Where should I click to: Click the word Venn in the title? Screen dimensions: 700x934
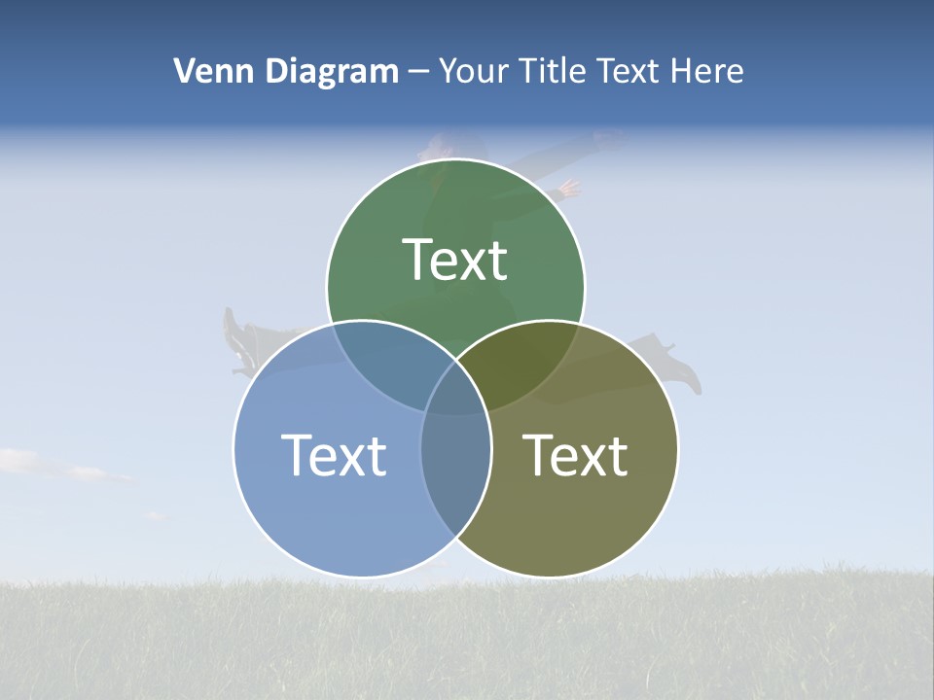[x=206, y=71]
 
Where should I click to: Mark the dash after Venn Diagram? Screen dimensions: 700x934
[x=419, y=72]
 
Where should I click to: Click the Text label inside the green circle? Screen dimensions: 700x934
[x=455, y=261]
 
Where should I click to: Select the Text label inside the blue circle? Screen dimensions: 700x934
[x=334, y=455]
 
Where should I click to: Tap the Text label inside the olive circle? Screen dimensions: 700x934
[x=575, y=455]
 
